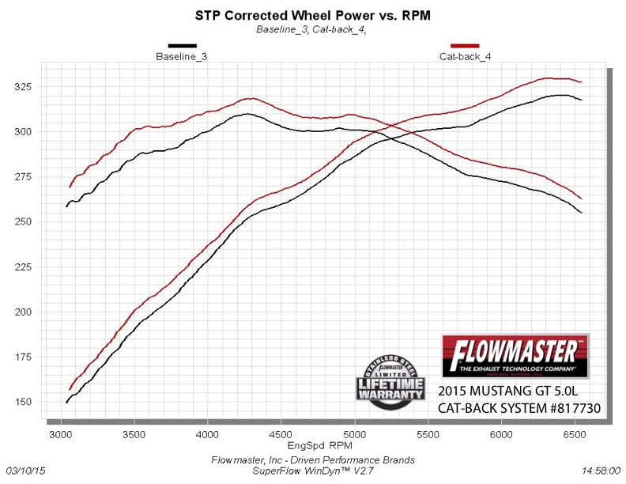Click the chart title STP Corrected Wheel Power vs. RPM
[312, 15]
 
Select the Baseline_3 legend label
[181, 57]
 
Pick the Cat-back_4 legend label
[465, 57]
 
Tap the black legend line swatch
[181, 46]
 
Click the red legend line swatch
[465, 46]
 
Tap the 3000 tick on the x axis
[61, 434]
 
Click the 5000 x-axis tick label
[355, 434]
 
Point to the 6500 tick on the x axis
[575, 434]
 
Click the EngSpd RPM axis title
[322, 447]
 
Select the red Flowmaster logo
[514, 356]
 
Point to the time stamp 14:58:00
[601, 470]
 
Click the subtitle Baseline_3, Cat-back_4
[312, 29]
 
